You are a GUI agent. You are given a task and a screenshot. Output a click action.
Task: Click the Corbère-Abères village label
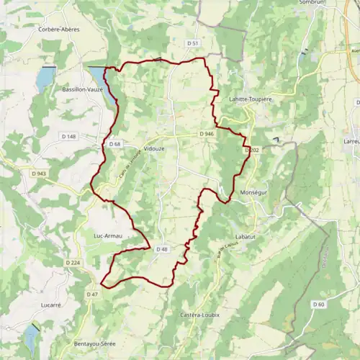point(59,30)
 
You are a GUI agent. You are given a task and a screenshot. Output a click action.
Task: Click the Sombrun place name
point(315,3)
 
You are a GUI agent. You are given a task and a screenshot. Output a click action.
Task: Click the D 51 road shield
point(192,43)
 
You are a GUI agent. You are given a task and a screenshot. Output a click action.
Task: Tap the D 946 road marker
point(207,134)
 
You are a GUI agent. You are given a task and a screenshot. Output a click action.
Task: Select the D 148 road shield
point(68,137)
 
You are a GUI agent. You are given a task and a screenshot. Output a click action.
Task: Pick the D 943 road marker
point(39,174)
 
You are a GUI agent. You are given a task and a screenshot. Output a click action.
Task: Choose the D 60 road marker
point(319,305)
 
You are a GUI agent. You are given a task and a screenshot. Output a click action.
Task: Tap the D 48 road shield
point(163,249)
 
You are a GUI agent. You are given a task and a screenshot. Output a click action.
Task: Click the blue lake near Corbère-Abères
point(45,77)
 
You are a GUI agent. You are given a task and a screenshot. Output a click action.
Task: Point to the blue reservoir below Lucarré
point(32,337)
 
